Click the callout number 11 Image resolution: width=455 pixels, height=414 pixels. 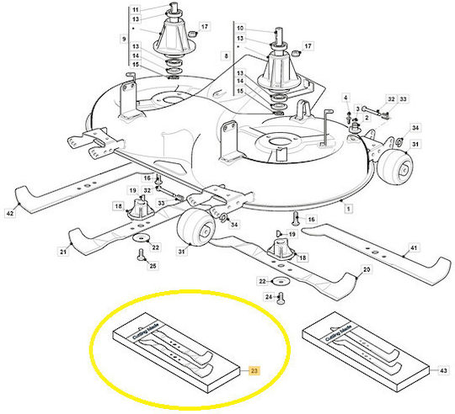136,9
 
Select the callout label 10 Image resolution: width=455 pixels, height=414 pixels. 240,28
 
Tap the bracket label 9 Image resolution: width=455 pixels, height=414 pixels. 124,39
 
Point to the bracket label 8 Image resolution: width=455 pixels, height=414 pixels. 227,56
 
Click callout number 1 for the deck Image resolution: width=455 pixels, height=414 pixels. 348,209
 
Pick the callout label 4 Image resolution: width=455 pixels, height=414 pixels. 345,98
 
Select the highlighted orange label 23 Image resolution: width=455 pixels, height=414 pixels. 254,370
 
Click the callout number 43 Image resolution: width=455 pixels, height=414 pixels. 443,370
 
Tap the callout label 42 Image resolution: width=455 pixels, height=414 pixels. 10,214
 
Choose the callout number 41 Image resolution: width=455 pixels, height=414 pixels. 414,248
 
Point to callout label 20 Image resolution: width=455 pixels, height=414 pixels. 367,270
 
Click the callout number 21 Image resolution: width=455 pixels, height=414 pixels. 63,252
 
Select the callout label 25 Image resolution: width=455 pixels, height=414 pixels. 153,266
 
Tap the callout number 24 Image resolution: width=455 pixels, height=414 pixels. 269,297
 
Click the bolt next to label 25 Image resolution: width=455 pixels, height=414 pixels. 141,255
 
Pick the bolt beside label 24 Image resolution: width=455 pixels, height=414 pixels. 281,299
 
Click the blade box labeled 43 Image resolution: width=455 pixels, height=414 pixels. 366,352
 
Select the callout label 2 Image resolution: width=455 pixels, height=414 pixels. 367,118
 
